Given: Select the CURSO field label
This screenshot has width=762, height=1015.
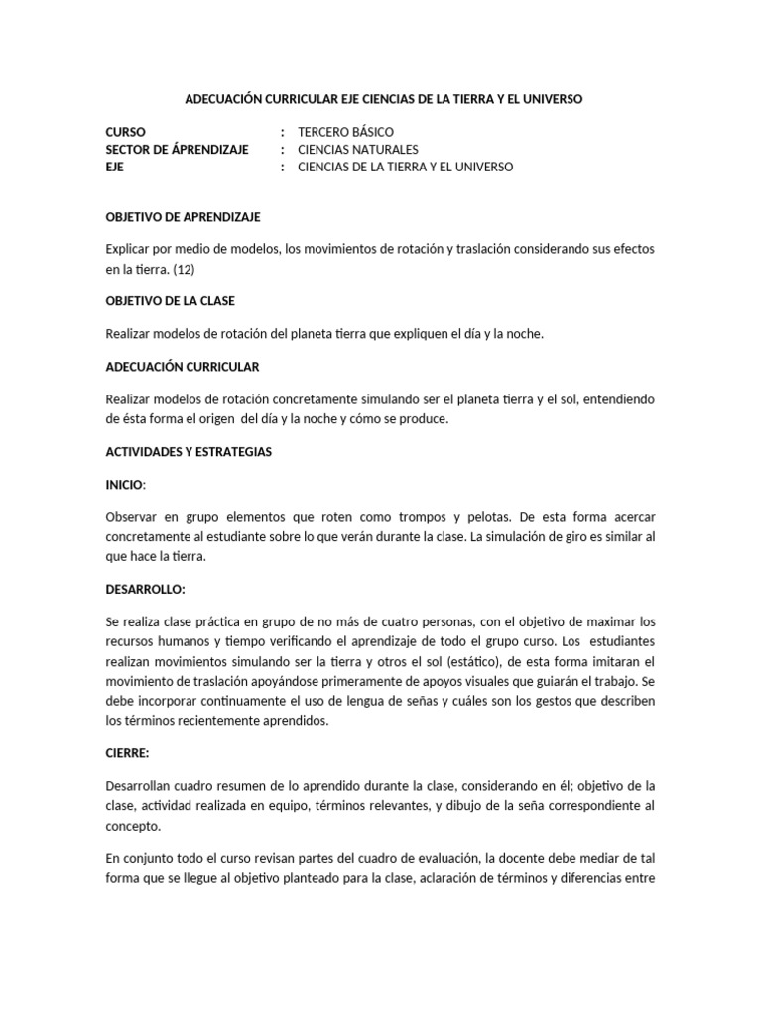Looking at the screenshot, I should click(125, 131).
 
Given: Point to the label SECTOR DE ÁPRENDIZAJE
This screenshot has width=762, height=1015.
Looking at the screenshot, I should click(177, 149).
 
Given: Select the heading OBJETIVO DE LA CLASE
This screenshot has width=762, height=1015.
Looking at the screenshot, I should click(170, 300).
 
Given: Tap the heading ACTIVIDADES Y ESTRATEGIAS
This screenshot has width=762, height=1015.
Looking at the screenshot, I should click(189, 451).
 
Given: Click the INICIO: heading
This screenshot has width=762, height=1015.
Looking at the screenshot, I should click(126, 484).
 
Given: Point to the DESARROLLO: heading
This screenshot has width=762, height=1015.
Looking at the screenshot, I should click(145, 589).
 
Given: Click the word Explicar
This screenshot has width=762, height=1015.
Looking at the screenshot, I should click(128, 249).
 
